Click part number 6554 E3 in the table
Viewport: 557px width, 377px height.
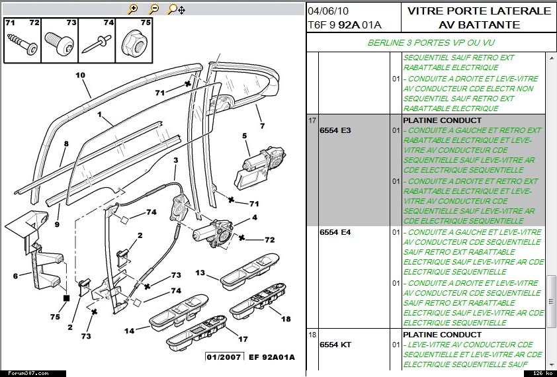pyautogui.click(x=335, y=130)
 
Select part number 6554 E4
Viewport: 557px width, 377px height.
pyautogui.click(x=335, y=232)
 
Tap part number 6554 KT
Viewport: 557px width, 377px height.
pyautogui.click(x=335, y=345)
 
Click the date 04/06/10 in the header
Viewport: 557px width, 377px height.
pyautogui.click(x=329, y=11)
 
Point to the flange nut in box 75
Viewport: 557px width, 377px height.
pyautogui.click(x=134, y=44)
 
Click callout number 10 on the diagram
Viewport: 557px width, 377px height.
pyautogui.click(x=80, y=75)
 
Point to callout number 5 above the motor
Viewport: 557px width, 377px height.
pyautogui.click(x=244, y=136)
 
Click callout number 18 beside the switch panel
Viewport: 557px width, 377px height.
pyautogui.click(x=286, y=319)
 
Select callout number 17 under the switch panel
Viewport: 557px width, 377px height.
pyautogui.click(x=243, y=339)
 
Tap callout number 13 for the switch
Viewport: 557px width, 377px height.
pyautogui.click(x=200, y=272)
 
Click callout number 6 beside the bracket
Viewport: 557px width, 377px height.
pyautogui.click(x=15, y=276)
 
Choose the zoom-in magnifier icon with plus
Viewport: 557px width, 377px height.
pyautogui.click(x=133, y=9)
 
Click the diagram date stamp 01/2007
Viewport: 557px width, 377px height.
pyautogui.click(x=223, y=357)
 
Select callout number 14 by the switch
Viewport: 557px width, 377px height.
pyautogui.click(x=129, y=331)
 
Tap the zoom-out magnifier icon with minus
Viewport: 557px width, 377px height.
pyautogui.click(x=153, y=9)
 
